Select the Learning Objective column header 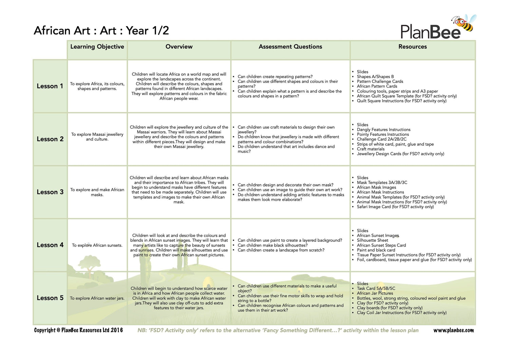pos(97,47)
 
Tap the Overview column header pos(179,47)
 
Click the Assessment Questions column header pos(290,47)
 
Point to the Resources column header pos(412,47)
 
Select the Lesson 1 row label pos(50,86)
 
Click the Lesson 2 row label pos(50,139)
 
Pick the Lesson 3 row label pos(50,192)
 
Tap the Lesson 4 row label pos(50,245)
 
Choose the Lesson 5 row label pos(50,298)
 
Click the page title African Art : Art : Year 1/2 pos(101,31)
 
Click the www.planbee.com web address pos(453,330)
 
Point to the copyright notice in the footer pos(78,330)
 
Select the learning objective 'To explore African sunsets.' pos(97,245)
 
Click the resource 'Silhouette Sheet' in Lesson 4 pos(372,240)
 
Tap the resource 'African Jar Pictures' pos(375,293)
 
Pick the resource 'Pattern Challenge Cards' pos(380,82)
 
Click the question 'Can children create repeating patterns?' pos(275,77)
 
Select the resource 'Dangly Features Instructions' pos(383,130)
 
